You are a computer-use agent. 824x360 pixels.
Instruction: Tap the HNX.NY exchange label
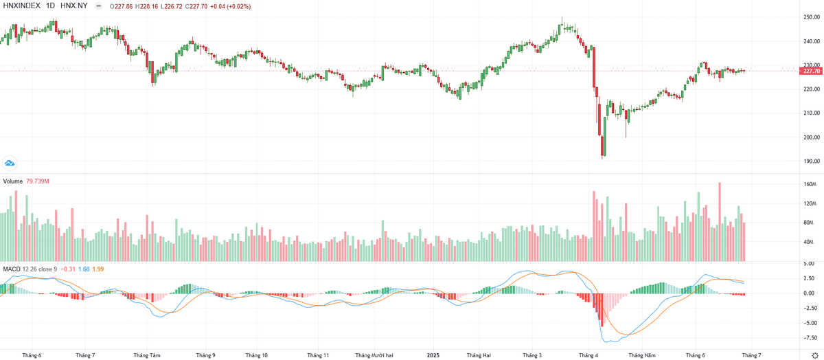74,6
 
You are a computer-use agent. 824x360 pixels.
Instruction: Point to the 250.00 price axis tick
811,17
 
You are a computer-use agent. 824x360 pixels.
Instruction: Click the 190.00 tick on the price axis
811,161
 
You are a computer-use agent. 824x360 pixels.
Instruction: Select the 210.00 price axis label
811,113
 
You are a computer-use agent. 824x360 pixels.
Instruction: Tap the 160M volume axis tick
809,184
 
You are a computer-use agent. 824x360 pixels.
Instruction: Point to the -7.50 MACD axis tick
810,337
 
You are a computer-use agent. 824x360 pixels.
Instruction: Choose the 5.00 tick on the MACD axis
809,264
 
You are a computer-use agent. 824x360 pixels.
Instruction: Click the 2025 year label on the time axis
433,355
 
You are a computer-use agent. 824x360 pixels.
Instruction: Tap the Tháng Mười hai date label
374,355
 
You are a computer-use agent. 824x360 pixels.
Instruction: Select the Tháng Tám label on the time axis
147,355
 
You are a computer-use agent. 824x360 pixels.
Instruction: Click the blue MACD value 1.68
84,267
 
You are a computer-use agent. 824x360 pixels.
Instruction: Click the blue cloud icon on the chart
10,163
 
